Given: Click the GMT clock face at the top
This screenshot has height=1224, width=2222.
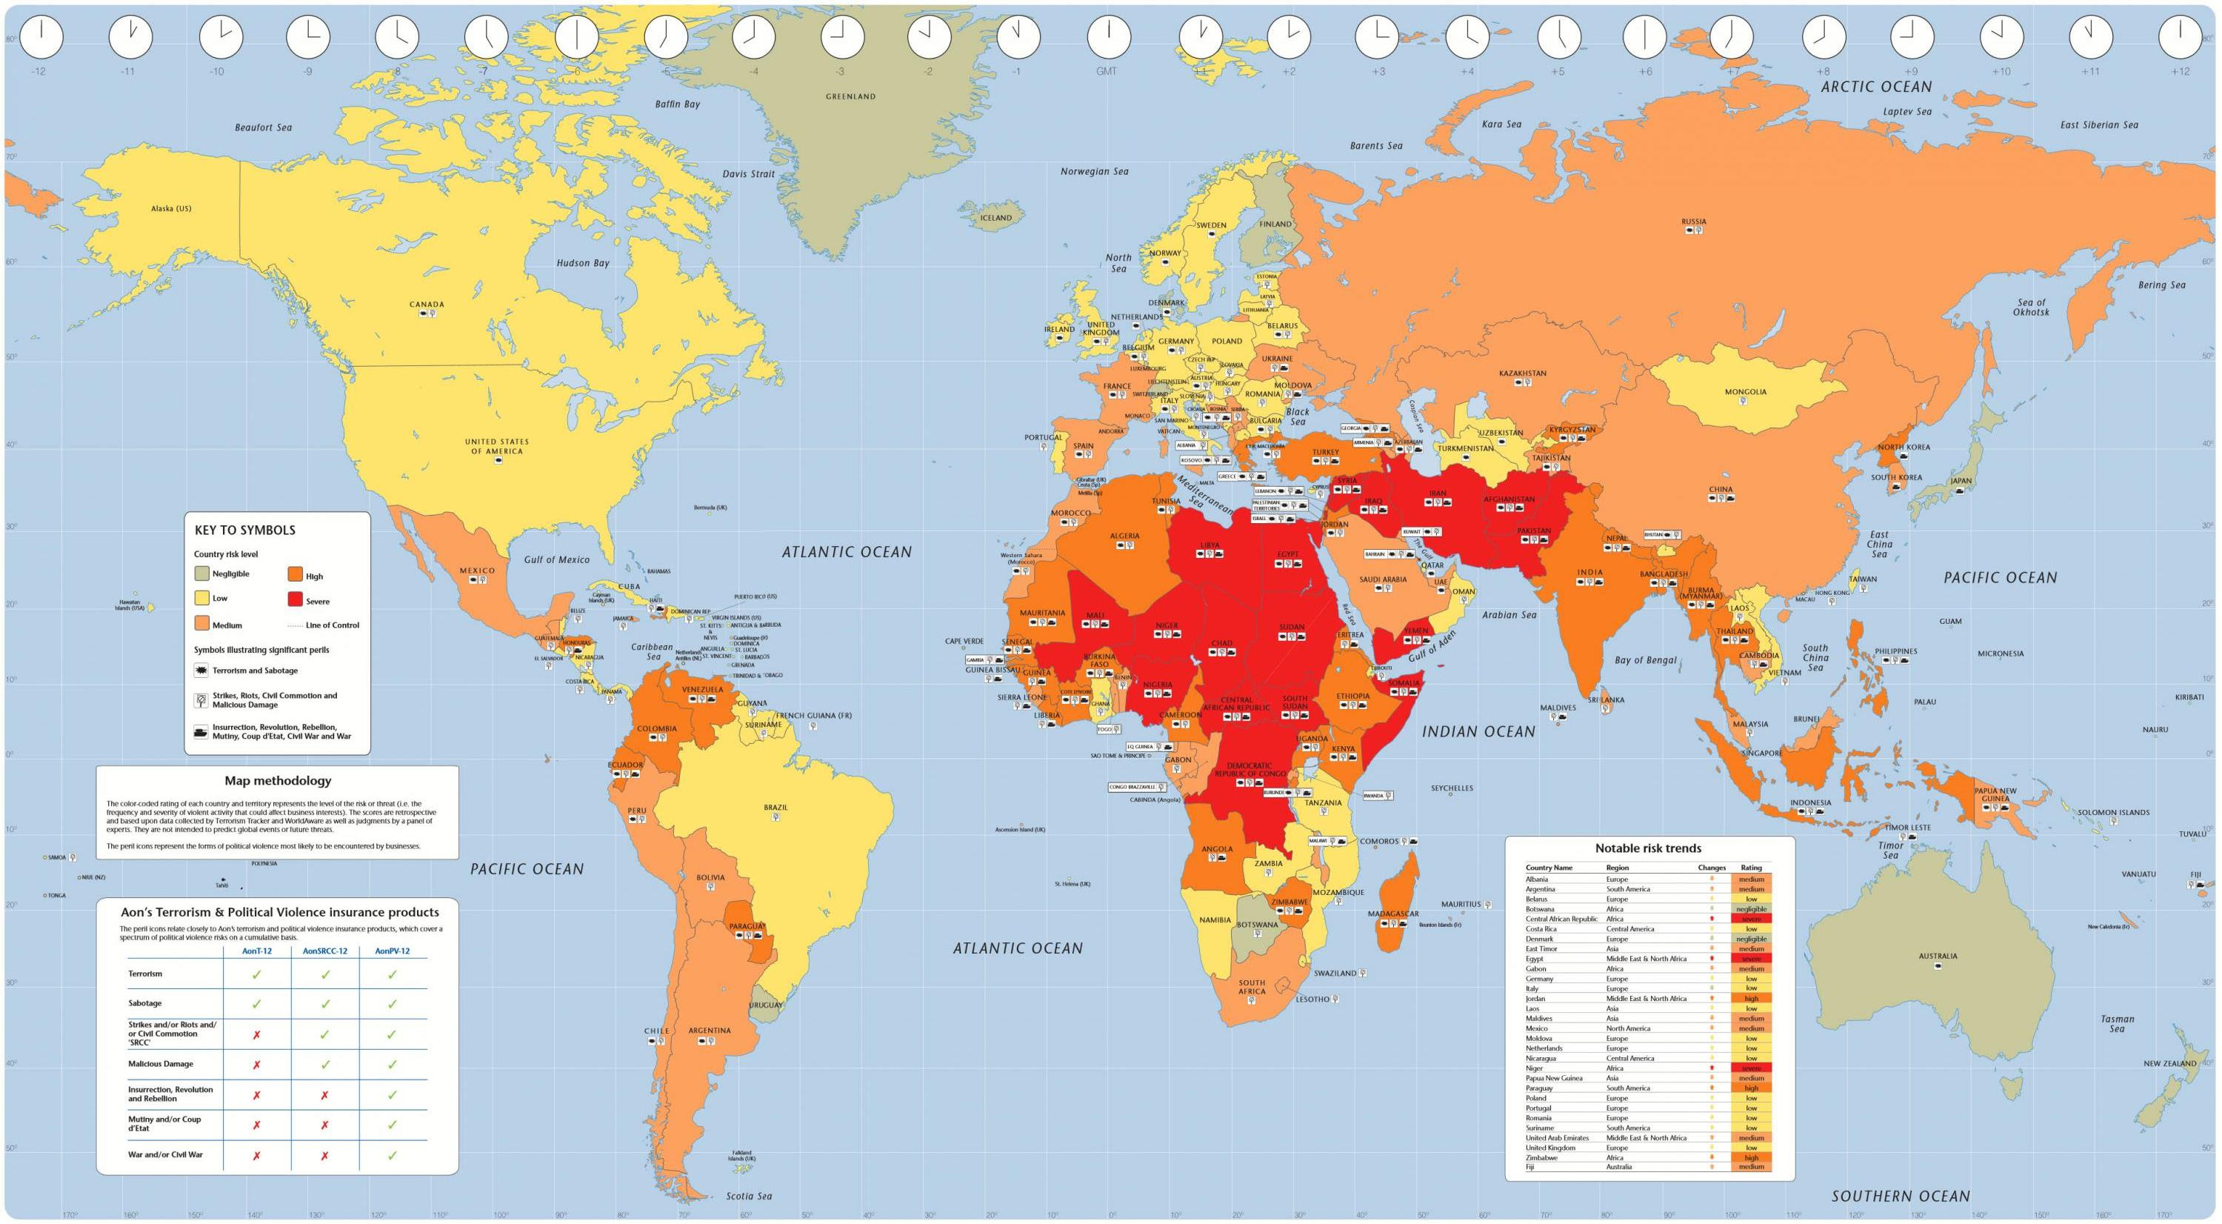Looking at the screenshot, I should pos(1107,38).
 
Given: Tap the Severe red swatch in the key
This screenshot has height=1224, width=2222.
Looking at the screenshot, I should pos(295,600).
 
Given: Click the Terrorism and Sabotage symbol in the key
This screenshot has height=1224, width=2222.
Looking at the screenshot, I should pos(201,671).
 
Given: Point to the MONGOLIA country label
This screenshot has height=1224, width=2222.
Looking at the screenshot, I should pos(1745,392).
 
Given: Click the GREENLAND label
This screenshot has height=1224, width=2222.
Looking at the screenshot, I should pos(850,96).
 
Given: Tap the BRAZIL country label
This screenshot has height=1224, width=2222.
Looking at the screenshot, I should pos(775,808).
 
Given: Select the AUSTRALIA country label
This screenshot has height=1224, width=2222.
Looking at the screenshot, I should pos(1938,956).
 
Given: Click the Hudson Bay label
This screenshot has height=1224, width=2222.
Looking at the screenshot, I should pos(582,263).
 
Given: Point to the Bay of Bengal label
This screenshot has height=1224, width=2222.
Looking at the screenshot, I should pos(1645,660).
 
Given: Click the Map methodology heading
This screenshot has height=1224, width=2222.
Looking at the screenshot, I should pos(278,781).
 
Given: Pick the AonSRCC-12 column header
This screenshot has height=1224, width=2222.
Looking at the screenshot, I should pos(325,951).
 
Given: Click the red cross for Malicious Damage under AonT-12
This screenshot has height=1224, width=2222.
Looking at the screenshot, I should pos(256,1065).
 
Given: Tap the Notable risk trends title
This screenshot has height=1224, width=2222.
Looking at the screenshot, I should pos(1649,848).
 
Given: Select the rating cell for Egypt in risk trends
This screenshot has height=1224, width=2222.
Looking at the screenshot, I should pos(1751,958).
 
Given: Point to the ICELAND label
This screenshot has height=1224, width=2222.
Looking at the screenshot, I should pos(995,217).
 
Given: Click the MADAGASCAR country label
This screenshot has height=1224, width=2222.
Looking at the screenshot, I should pos(1392,914).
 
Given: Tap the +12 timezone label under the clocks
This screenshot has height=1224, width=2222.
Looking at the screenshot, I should pos(2180,72).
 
